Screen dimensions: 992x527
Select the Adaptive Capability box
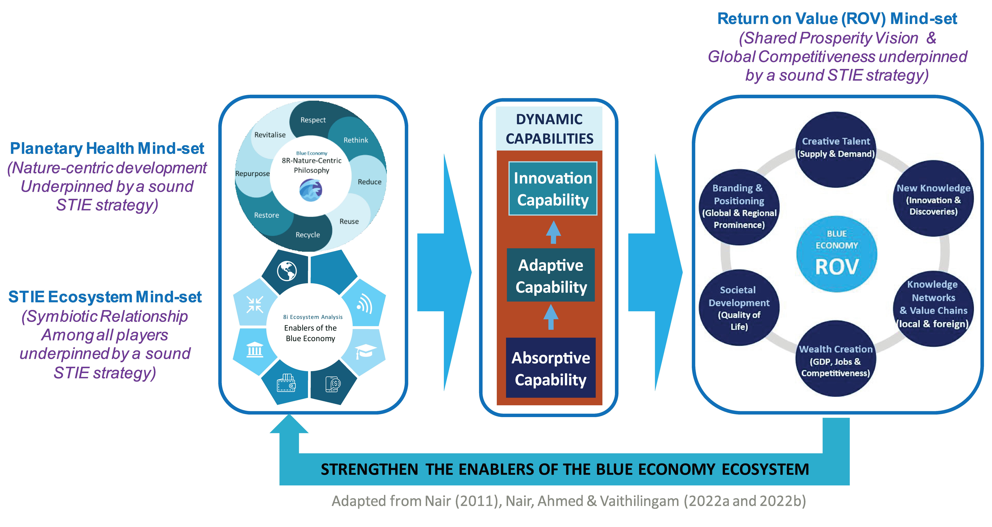(551, 275)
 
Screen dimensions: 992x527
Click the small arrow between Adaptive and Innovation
(553, 232)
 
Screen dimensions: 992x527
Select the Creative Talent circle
(836, 149)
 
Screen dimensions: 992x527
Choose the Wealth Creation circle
(836, 358)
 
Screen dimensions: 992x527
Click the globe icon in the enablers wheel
(287, 271)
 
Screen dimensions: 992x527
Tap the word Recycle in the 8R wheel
(308, 235)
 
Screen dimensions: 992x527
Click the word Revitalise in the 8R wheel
(270, 135)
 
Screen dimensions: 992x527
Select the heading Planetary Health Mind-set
(107, 149)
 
